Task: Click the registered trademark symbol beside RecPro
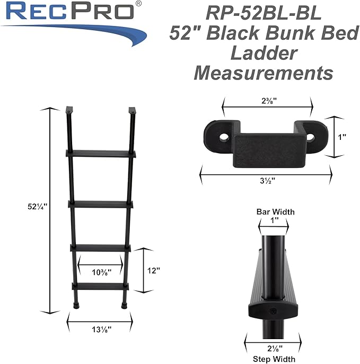tap(138, 4)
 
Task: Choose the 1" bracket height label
tap(343, 137)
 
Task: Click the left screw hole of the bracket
tap(223, 137)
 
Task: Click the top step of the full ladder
tap(100, 153)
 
